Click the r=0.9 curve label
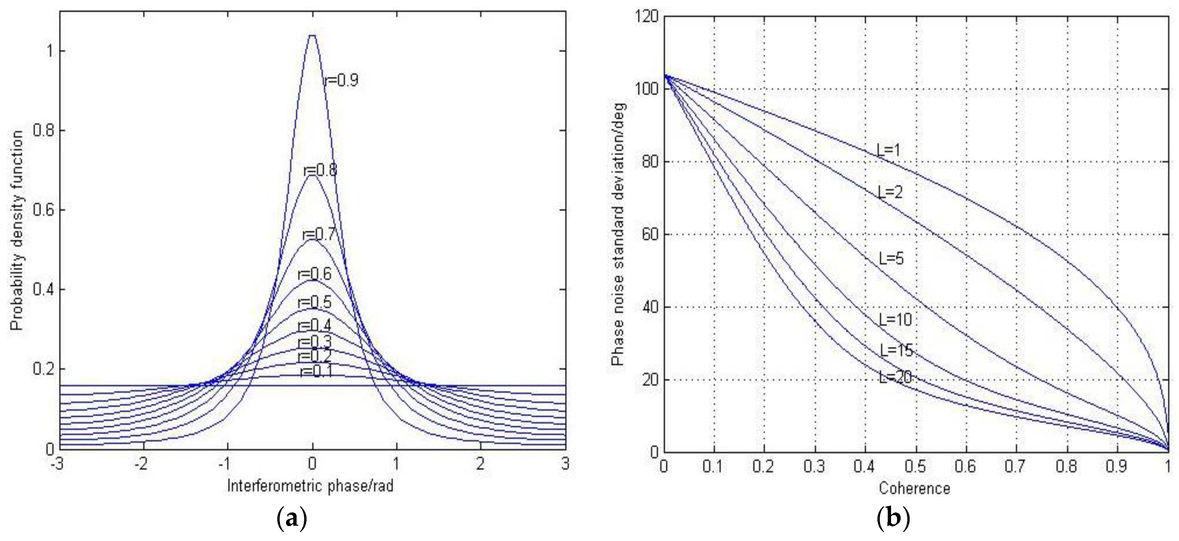(x=341, y=81)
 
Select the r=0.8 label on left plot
(x=320, y=170)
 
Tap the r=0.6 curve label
(x=315, y=274)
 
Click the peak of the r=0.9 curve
(x=313, y=36)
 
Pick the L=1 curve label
(x=888, y=150)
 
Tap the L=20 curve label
(x=896, y=377)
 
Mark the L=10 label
(x=895, y=319)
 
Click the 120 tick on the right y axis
(x=646, y=17)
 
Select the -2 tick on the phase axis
(x=142, y=464)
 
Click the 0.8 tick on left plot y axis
(x=44, y=131)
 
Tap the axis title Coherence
(x=914, y=489)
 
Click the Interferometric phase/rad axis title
(x=310, y=486)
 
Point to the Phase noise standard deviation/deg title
(x=617, y=234)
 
